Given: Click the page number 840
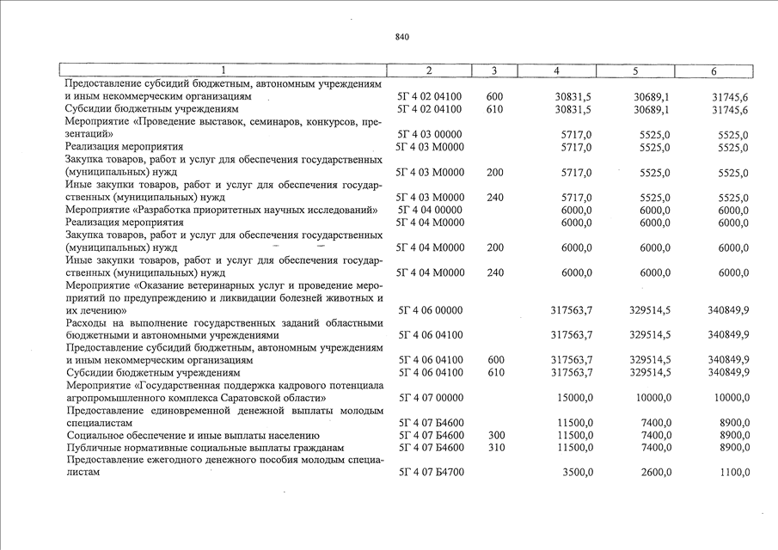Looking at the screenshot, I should [402, 37].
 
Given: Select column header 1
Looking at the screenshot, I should [223, 70].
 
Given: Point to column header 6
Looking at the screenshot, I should [714, 70].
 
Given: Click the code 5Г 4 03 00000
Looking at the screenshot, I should [430, 135].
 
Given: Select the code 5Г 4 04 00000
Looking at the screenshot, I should [430, 211].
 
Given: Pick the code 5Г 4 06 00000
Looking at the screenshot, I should [430, 310].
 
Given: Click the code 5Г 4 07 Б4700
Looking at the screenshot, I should [430, 474].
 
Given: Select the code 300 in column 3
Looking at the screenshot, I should [496, 436].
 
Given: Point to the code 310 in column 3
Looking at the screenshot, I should [496, 449].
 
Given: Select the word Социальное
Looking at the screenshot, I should [95, 436].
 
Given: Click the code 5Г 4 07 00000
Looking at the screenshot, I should [430, 398].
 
